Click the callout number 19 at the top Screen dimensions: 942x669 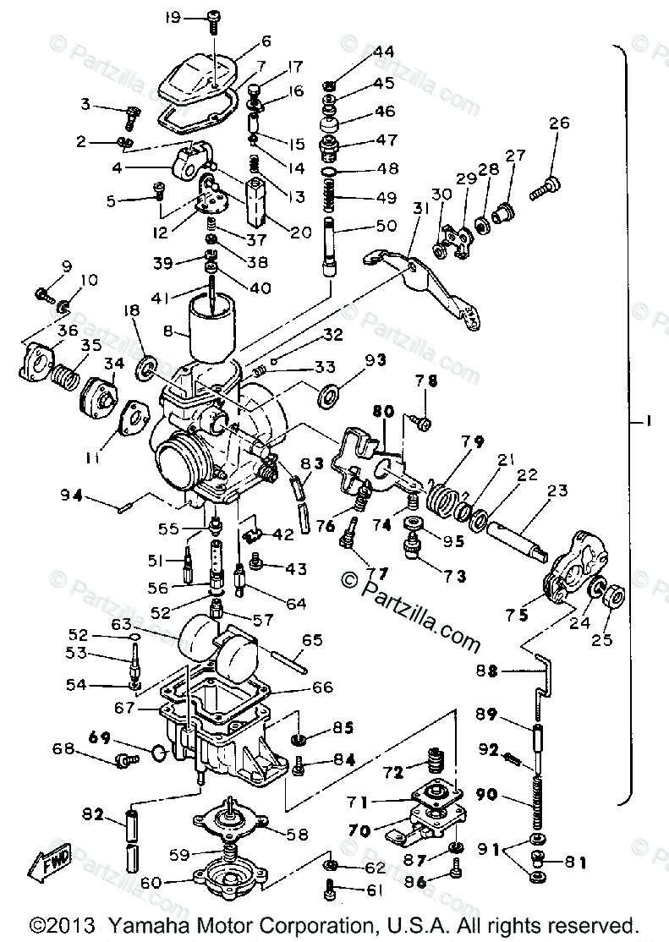(173, 17)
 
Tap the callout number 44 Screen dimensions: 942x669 (383, 52)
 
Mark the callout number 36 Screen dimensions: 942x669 (45, 330)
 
